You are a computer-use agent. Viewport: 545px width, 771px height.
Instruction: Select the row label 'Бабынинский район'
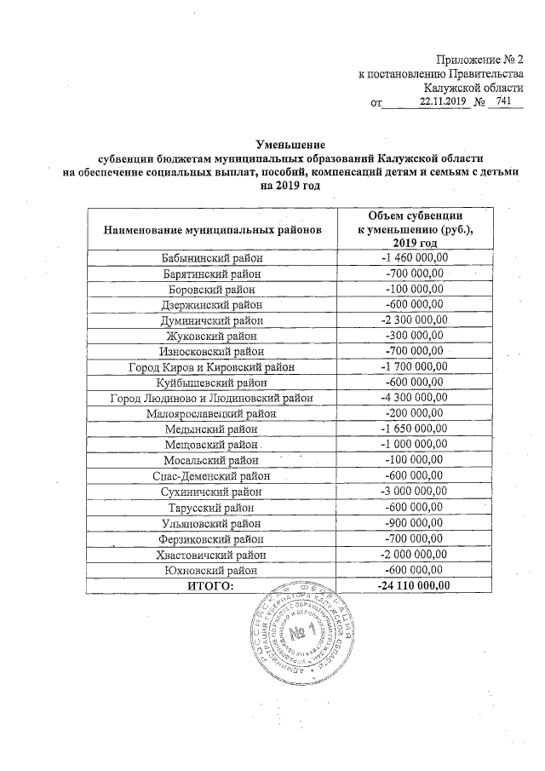213,258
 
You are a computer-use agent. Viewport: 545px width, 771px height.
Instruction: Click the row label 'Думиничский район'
213,320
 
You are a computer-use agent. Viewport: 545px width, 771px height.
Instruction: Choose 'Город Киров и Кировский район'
213,367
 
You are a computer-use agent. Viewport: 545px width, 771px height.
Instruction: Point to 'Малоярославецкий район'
213,413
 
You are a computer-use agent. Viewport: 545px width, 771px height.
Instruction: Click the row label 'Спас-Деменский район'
213,475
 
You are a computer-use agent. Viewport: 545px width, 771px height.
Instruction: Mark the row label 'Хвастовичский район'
213,554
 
